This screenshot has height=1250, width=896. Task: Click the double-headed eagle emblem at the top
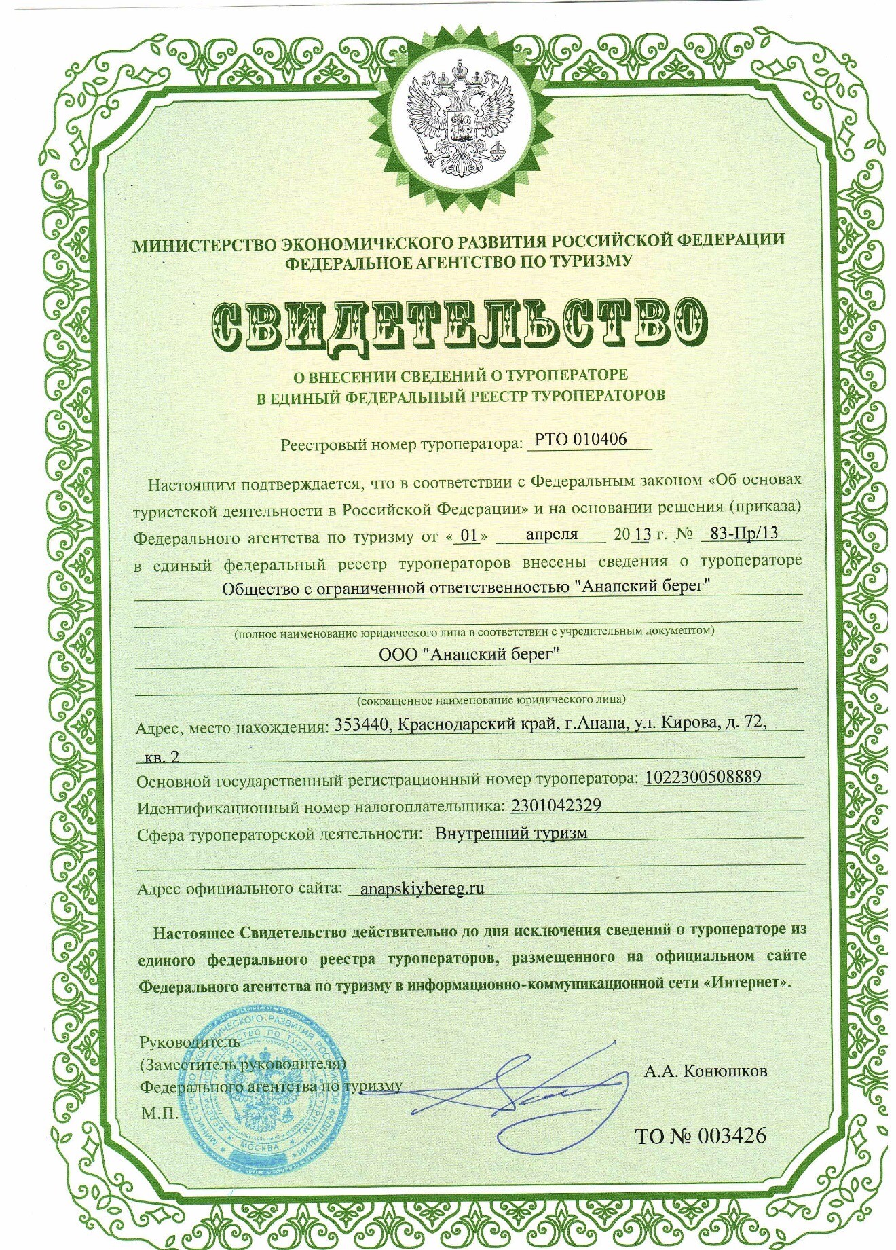[x=460, y=126]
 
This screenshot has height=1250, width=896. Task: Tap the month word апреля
[x=551, y=534]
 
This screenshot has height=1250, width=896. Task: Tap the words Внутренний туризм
[x=511, y=833]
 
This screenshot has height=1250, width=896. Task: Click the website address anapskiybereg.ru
[x=416, y=888]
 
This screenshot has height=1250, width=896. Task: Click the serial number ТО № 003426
[x=700, y=1135]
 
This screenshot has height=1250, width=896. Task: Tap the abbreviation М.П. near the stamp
[x=159, y=1114]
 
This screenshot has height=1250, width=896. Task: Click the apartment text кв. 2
[x=162, y=757]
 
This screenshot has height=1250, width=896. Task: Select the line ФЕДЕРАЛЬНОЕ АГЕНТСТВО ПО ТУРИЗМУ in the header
[x=458, y=262]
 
